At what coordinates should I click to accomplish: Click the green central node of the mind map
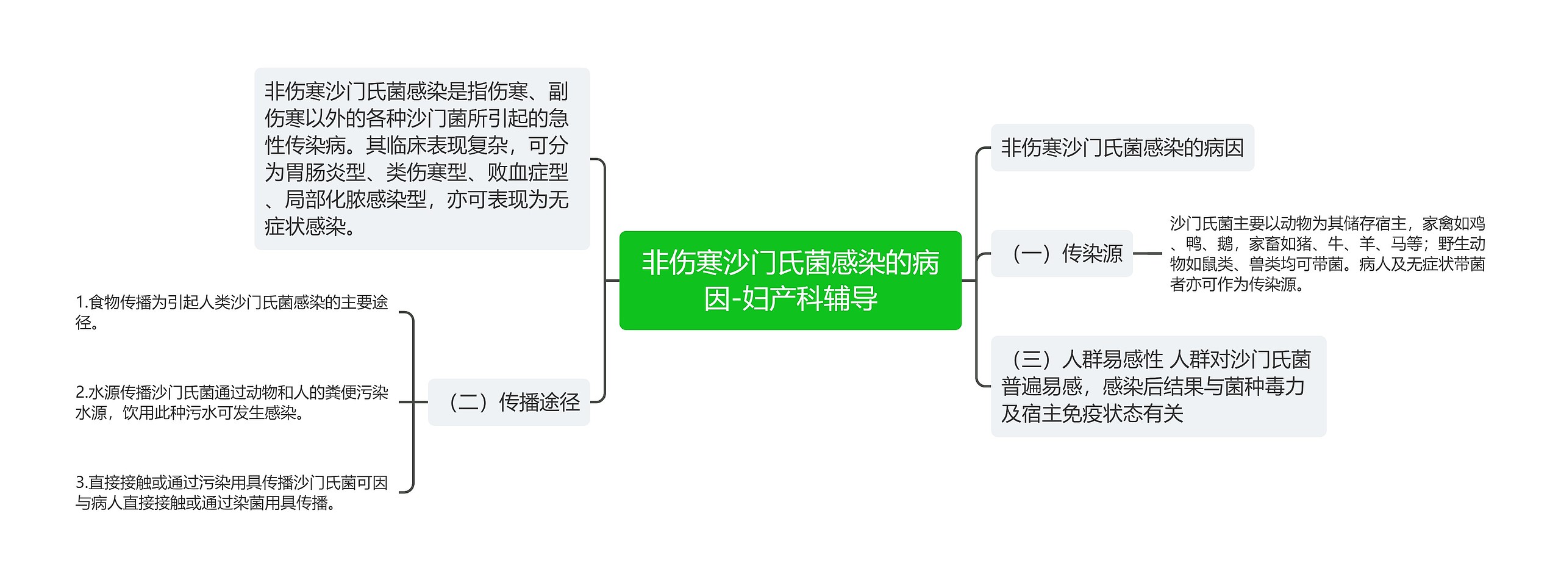click(790, 280)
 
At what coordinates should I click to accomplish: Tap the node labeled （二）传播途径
click(509, 402)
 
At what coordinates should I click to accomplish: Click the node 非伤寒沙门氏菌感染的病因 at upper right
click(1121, 148)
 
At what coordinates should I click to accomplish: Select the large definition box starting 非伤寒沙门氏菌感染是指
click(421, 159)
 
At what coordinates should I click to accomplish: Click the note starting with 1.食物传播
click(231, 312)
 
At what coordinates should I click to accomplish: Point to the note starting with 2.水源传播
click(231, 402)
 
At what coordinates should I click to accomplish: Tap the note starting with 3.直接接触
click(231, 492)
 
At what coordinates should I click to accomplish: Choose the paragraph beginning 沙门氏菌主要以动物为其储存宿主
click(1327, 253)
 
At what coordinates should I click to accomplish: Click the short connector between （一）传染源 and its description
click(1147, 253)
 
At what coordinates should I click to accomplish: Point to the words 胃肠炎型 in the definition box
click(325, 173)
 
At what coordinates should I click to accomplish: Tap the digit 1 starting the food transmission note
click(79, 302)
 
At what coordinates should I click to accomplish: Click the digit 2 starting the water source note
click(80, 392)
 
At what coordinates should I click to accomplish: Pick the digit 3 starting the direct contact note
click(80, 482)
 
